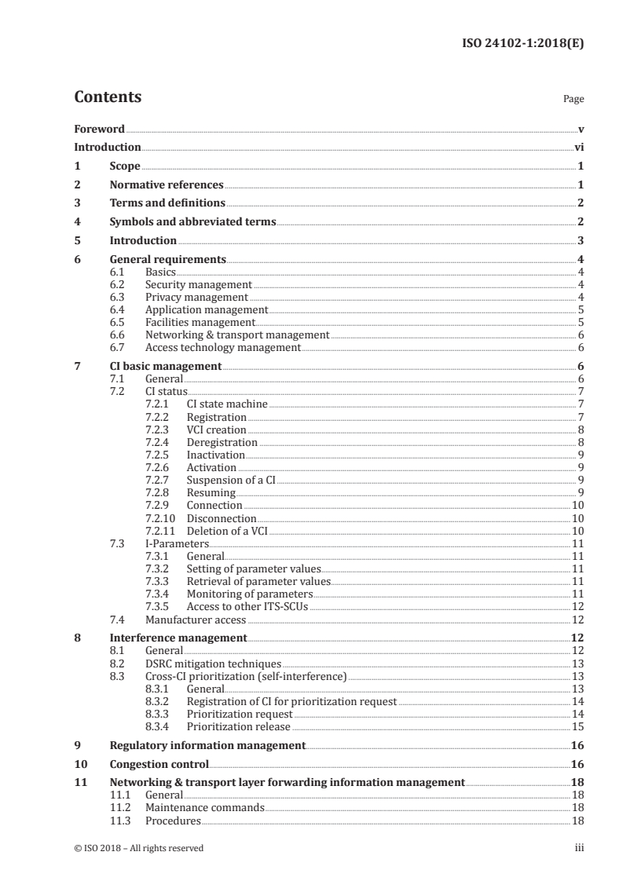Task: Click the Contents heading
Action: tap(108, 97)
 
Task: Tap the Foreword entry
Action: tap(99, 129)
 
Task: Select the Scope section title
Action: tap(125, 166)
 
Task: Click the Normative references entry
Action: tap(167, 185)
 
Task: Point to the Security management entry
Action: tap(199, 284)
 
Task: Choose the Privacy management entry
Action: tap(196, 297)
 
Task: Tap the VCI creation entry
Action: tap(216, 430)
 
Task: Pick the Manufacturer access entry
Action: tap(196, 620)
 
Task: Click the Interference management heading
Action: tap(178, 638)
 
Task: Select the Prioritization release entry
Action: tap(238, 726)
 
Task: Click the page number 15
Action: tap(577, 726)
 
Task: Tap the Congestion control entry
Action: tap(159, 764)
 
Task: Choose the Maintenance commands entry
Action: tap(205, 807)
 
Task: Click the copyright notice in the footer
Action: tap(138, 848)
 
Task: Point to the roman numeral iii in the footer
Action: tap(580, 848)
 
